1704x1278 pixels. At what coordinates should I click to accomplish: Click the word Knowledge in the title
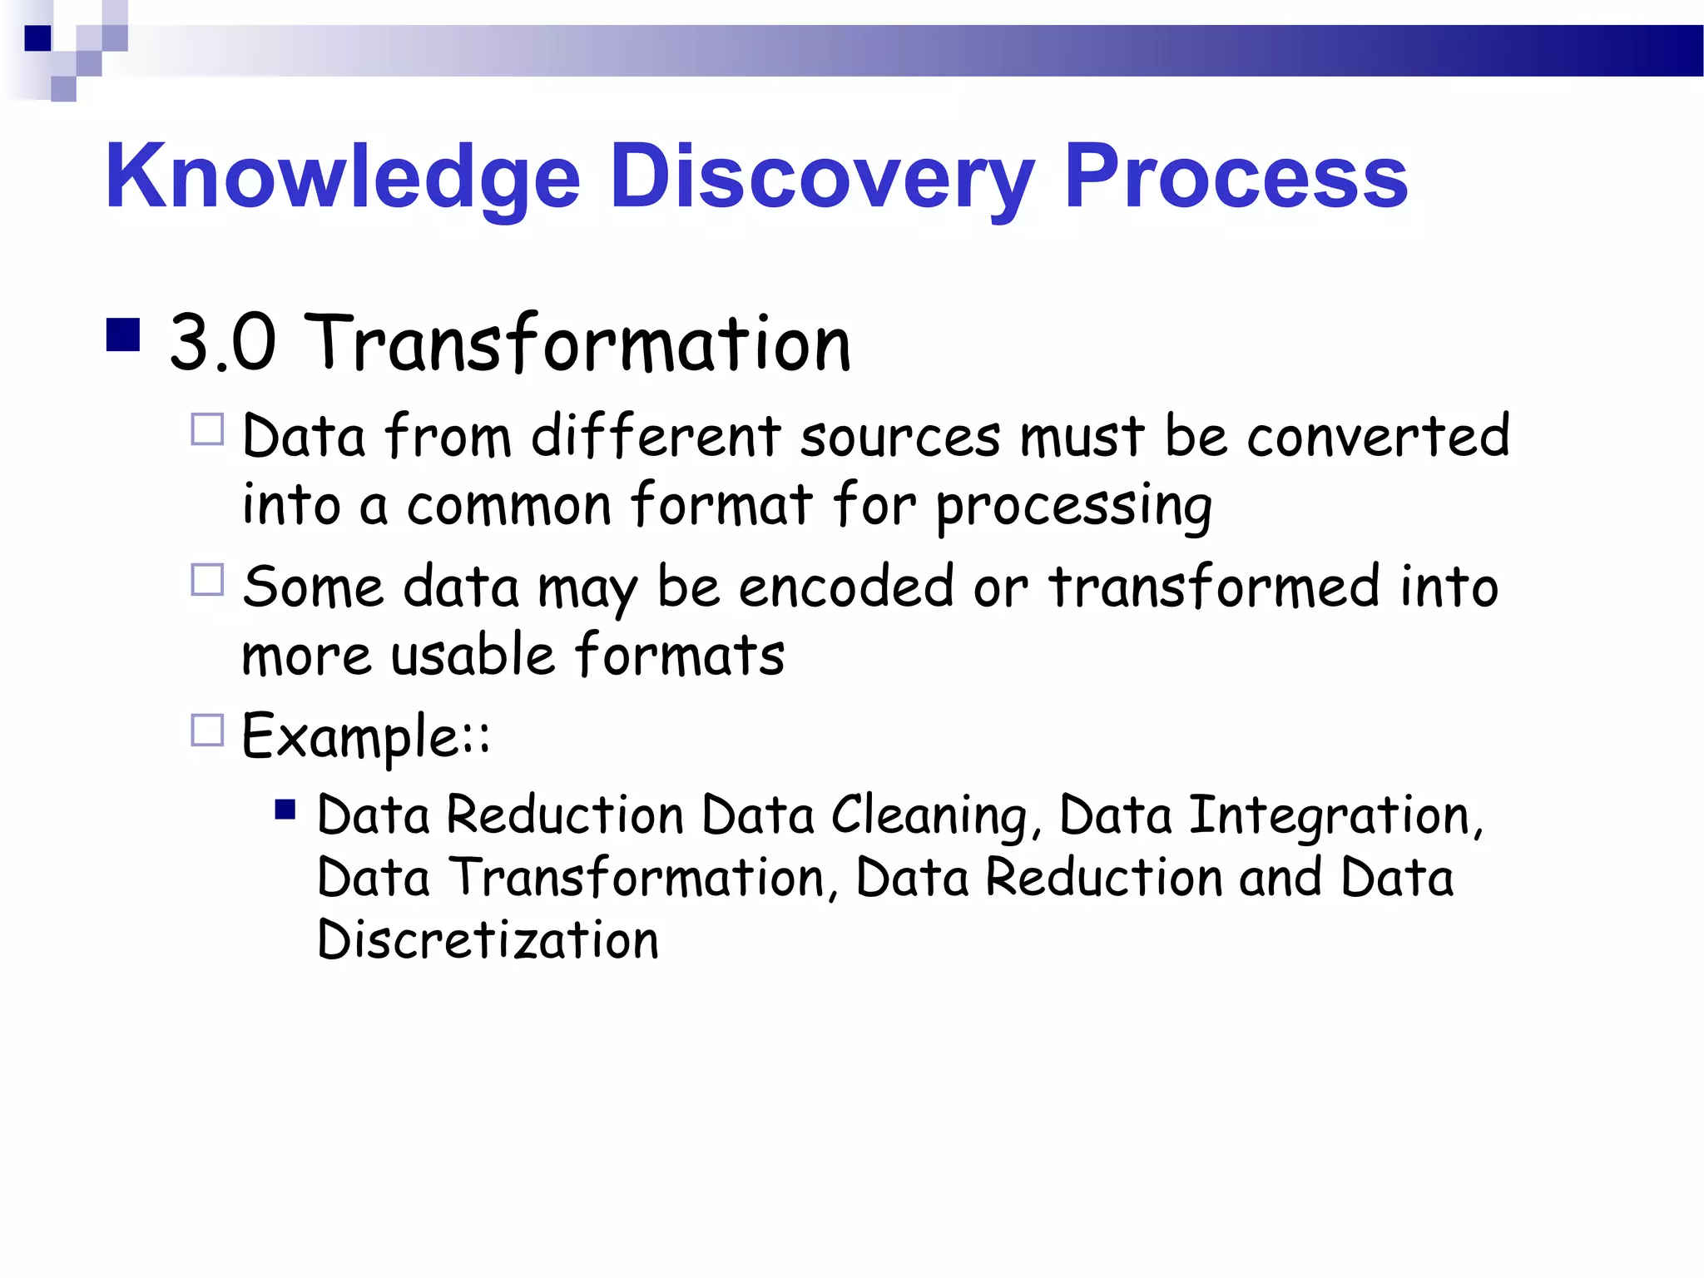point(342,176)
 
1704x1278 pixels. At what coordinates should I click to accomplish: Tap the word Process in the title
point(1236,176)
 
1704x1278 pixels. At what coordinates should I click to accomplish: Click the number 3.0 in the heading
point(222,343)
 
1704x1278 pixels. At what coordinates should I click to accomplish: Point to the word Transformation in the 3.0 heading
point(578,343)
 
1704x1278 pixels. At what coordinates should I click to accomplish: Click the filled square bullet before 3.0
point(123,335)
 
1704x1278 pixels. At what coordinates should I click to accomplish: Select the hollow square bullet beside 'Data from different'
point(207,430)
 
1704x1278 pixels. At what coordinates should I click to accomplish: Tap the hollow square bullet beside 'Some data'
point(207,580)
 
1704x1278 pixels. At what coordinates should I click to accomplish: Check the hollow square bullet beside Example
point(207,730)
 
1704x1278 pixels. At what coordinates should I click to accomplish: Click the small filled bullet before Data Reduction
point(285,810)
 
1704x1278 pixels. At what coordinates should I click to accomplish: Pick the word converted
point(1378,436)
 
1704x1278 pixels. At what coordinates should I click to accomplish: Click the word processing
point(1073,506)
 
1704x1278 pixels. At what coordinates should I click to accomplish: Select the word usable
point(473,655)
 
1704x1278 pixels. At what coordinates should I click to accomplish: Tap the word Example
point(351,736)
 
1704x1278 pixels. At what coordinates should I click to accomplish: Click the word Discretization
point(488,940)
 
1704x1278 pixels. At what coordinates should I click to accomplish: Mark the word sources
point(900,436)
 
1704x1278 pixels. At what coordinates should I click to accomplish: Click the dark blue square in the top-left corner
point(37,38)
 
